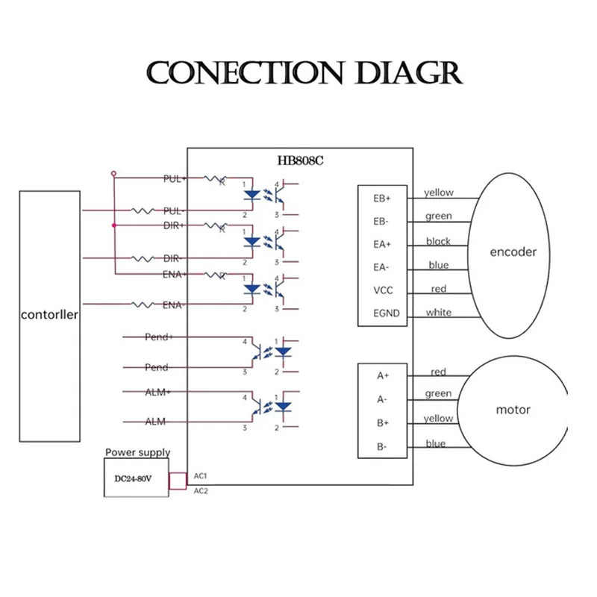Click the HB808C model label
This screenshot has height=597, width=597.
tap(301, 160)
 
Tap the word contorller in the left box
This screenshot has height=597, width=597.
tap(49, 315)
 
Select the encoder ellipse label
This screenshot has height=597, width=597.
tap(513, 251)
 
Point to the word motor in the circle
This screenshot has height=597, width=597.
tap(513, 410)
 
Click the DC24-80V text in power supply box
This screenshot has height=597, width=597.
tap(133, 478)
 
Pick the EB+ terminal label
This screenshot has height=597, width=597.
tap(382, 199)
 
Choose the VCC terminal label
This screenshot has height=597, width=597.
tap(383, 290)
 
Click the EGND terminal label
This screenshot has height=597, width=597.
tap(387, 313)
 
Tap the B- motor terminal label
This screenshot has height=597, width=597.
tap(381, 446)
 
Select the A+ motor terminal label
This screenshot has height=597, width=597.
tap(383, 376)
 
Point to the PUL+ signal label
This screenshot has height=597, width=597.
tap(175, 178)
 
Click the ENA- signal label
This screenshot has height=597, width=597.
tap(174, 305)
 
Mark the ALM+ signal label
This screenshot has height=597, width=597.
tap(157, 392)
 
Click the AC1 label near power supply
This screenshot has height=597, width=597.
tap(200, 476)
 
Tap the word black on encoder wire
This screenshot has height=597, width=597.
tap(438, 241)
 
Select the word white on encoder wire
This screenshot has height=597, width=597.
tap(439, 313)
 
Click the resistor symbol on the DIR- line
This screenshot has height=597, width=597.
tap(143, 259)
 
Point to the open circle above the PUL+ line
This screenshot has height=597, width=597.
tap(113, 174)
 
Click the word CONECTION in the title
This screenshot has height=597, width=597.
tap(245, 72)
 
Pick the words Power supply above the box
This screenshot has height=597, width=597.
tap(137, 452)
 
